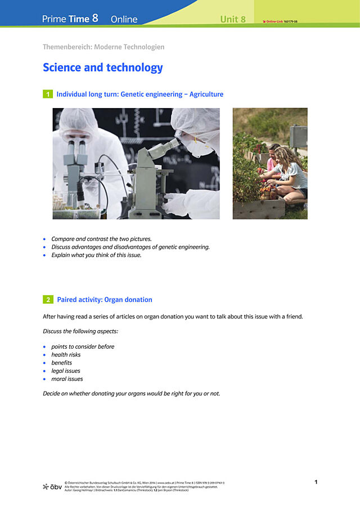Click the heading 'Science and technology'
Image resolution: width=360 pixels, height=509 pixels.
click(102, 68)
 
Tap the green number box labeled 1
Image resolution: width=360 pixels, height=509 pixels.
click(48, 94)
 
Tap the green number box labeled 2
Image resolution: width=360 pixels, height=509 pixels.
click(48, 300)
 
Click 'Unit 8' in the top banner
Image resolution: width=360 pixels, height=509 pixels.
click(233, 19)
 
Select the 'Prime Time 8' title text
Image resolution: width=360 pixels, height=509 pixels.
click(70, 19)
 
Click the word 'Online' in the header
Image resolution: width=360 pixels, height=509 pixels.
click(124, 19)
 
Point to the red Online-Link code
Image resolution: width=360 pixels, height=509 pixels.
click(278, 21)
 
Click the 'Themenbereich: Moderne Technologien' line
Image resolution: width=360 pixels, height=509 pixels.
click(103, 47)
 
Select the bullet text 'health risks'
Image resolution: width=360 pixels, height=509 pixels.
click(66, 355)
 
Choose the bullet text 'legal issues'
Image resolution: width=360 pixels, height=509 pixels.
click(66, 371)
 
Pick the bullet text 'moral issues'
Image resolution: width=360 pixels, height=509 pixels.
click(67, 379)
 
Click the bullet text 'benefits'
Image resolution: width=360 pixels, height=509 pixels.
click(61, 363)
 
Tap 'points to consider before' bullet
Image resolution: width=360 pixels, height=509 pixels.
click(83, 346)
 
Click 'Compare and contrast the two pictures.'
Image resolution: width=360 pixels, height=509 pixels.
click(101, 238)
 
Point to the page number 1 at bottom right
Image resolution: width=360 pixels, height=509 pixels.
click(316, 482)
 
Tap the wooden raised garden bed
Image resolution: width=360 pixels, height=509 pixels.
click(259, 209)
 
